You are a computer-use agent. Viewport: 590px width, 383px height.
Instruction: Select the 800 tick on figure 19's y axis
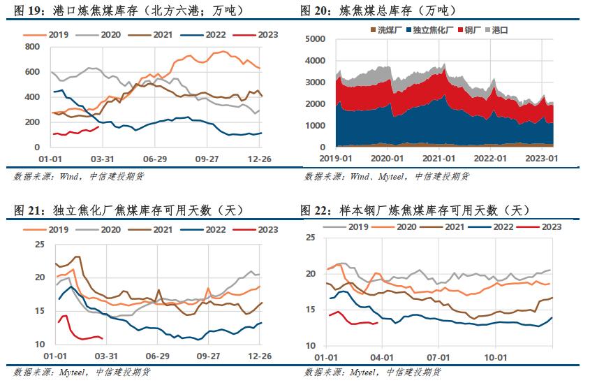31,47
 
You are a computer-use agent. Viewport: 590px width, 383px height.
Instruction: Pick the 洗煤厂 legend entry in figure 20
385,30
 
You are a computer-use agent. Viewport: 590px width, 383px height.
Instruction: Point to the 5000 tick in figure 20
318,40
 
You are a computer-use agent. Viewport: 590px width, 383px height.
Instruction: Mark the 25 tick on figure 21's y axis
40,244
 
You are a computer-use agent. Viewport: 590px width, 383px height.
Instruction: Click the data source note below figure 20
387,177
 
